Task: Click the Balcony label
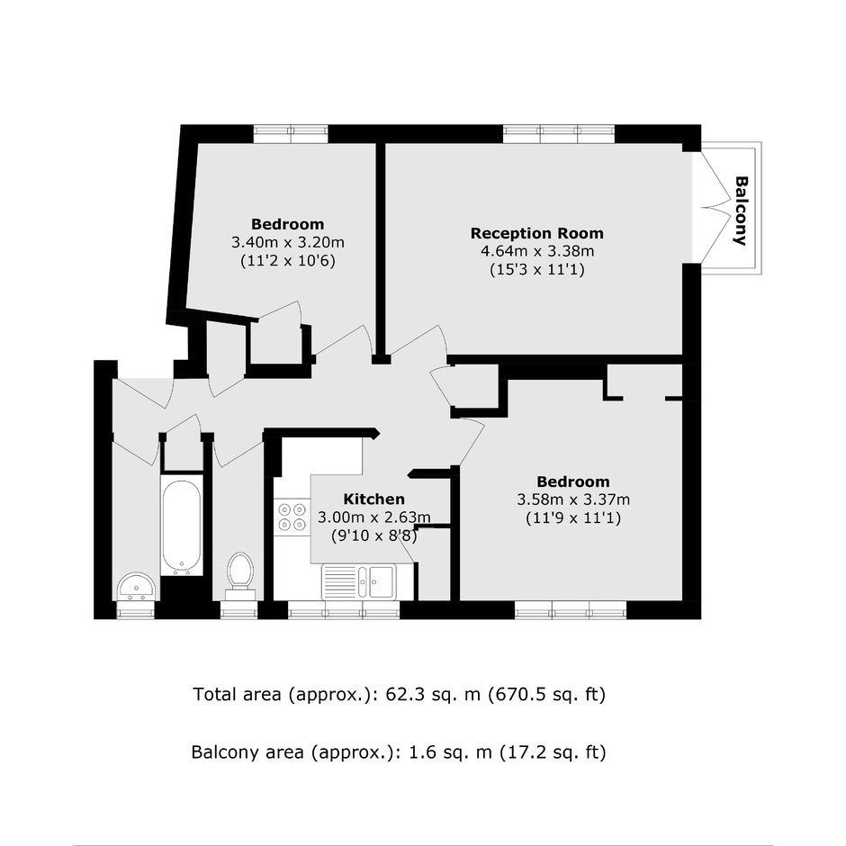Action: point(742,211)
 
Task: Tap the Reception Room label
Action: point(536,233)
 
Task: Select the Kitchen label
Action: point(373,499)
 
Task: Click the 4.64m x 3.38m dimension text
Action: point(536,251)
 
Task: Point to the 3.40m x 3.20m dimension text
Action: point(288,242)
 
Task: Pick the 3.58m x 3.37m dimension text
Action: point(573,499)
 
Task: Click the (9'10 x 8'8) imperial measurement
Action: point(373,535)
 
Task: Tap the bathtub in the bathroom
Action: point(182,526)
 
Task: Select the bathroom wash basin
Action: point(137,587)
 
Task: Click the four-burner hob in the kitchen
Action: point(291,517)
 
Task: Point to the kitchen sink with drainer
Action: point(359,581)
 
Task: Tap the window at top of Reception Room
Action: point(558,134)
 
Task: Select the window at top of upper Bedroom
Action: point(291,134)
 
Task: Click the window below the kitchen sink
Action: point(344,609)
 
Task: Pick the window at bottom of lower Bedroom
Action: point(571,609)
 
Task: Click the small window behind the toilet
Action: point(239,609)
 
